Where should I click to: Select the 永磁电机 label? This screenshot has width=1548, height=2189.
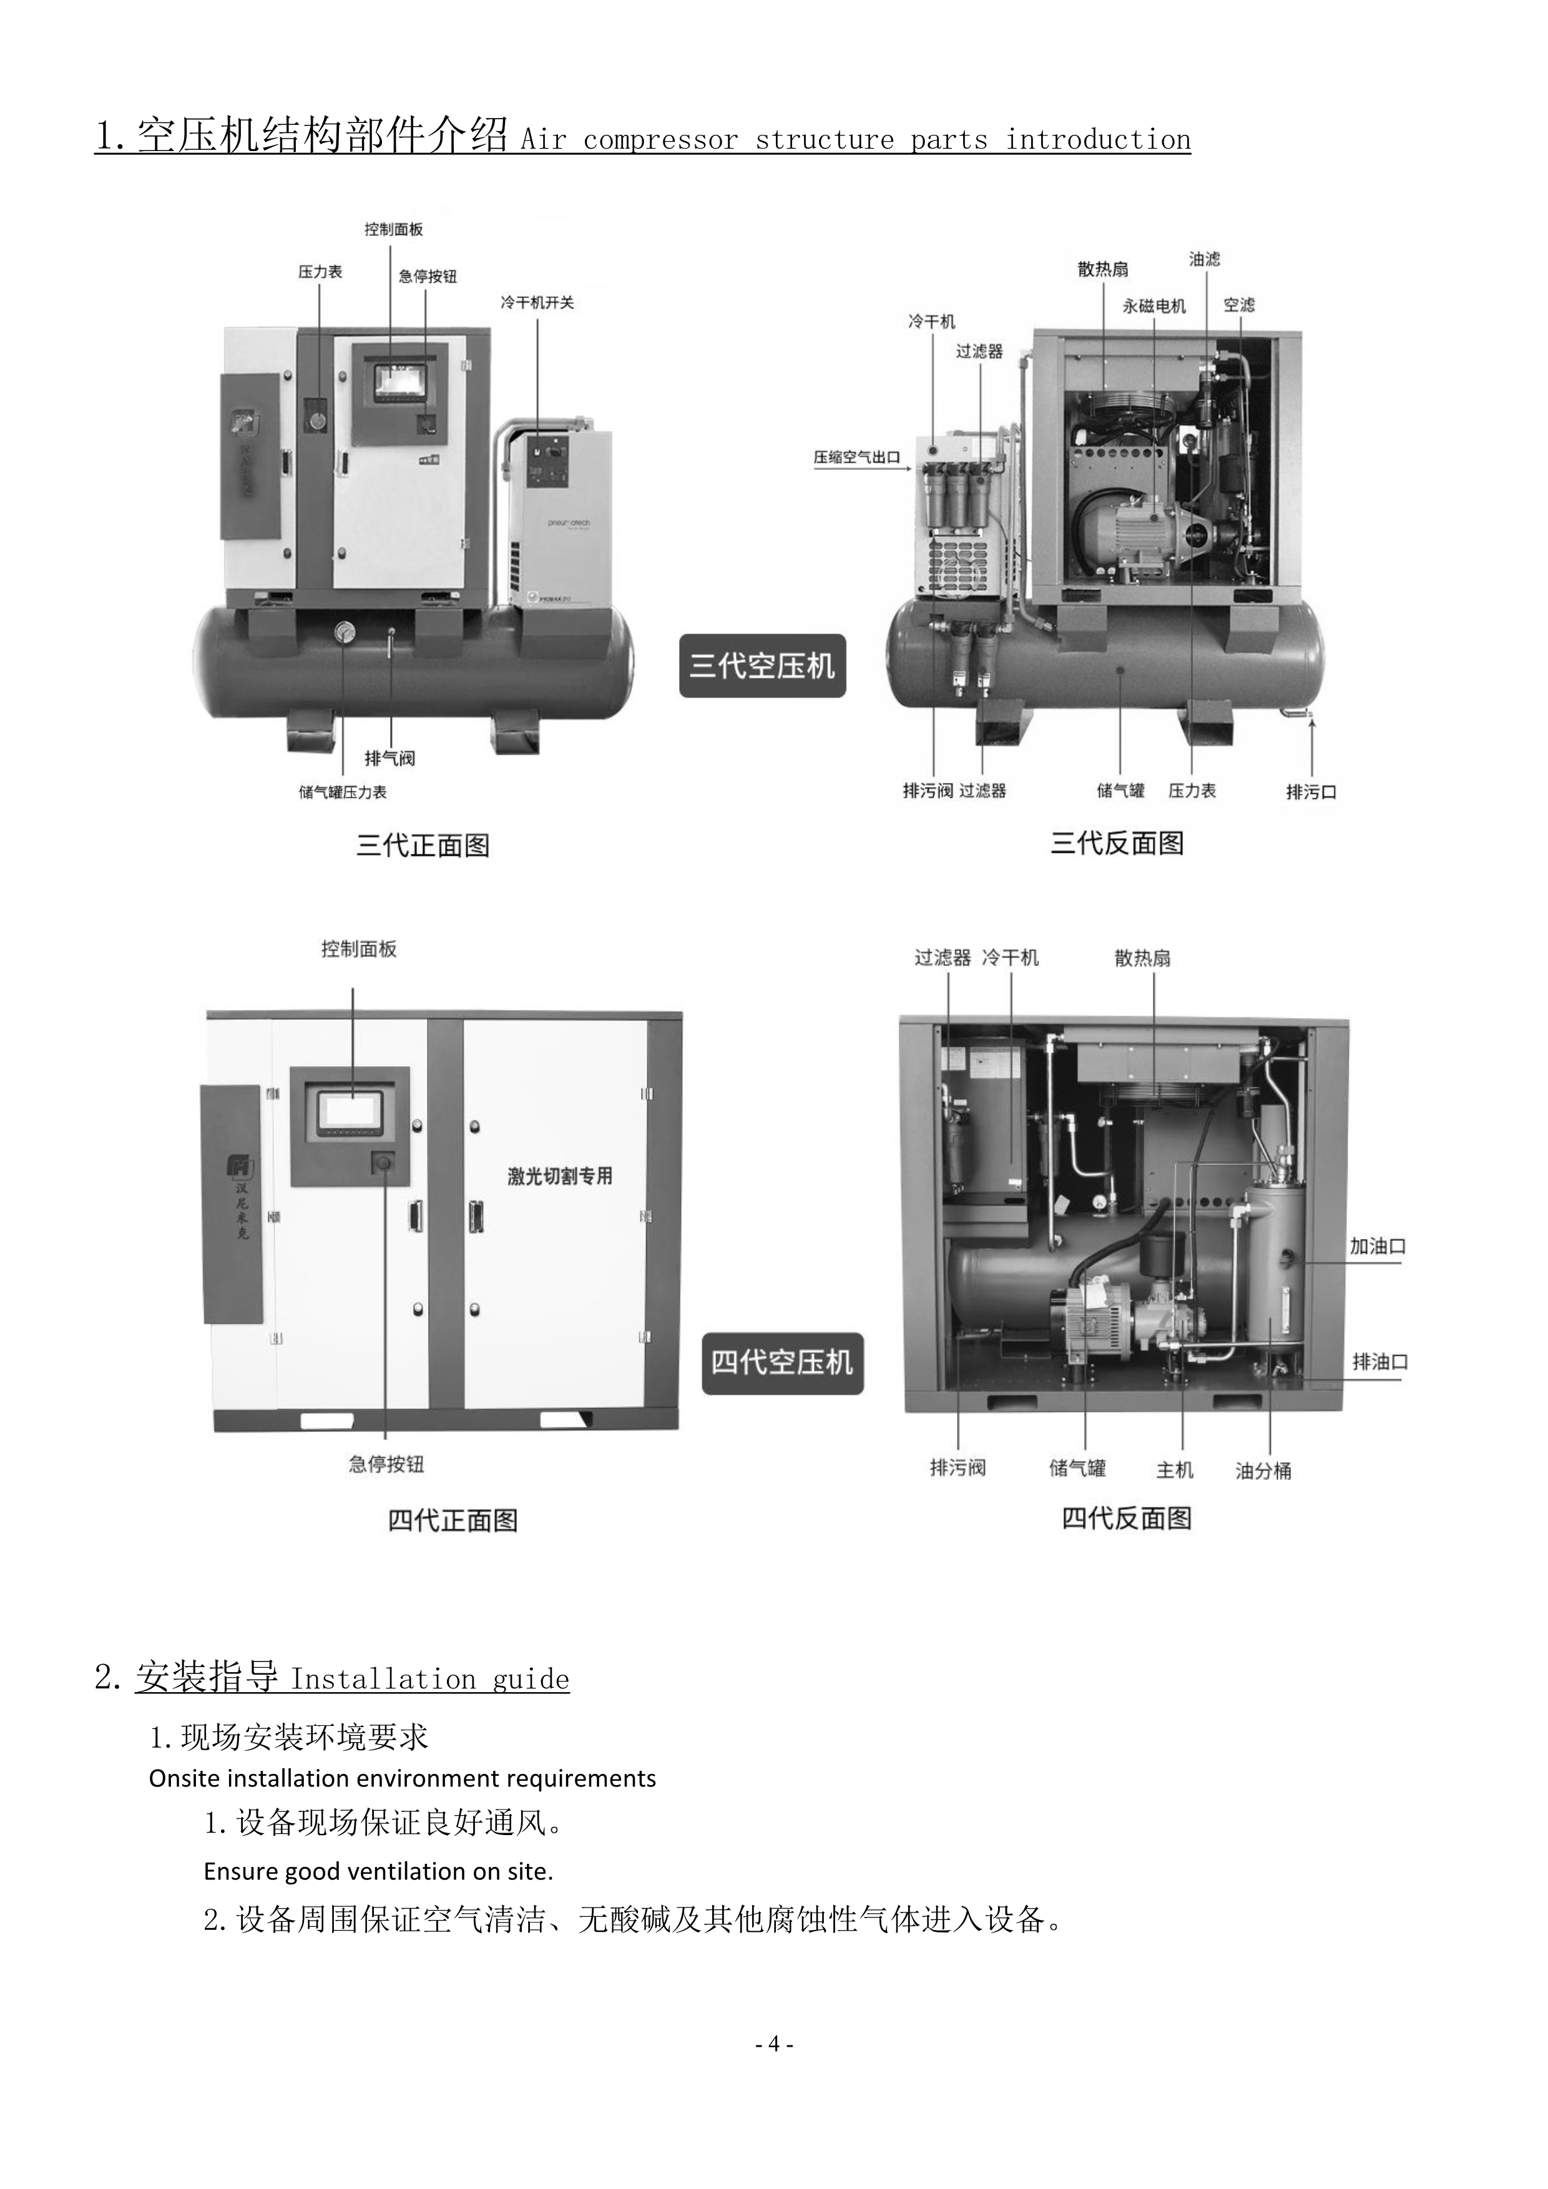tap(1154, 306)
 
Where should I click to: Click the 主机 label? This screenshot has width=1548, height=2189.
tap(1174, 1470)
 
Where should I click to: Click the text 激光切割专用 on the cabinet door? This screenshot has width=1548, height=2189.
tap(559, 1177)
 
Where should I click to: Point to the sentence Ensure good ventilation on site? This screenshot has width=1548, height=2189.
tap(378, 1871)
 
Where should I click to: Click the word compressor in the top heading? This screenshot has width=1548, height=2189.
tap(660, 140)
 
